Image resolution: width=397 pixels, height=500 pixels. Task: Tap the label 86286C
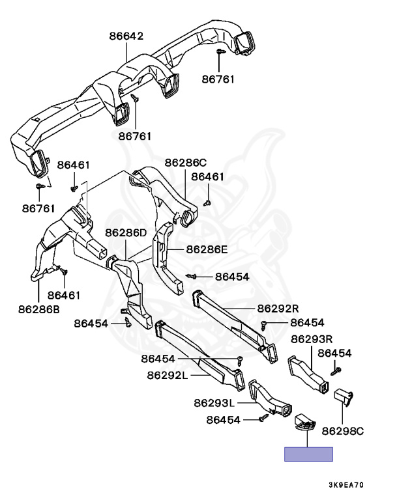[x=185, y=162]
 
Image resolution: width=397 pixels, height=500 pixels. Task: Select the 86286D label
[x=126, y=232]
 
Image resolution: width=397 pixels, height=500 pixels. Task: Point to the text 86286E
[x=207, y=249]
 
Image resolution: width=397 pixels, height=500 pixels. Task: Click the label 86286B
[x=38, y=309]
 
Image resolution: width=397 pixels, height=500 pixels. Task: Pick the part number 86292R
[x=278, y=308]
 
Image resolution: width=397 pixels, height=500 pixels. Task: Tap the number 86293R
[x=312, y=339]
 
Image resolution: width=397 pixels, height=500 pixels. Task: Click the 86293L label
[x=215, y=403]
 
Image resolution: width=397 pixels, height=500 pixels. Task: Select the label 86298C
[x=343, y=430]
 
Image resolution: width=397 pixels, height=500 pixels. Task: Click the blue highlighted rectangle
[x=308, y=454]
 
